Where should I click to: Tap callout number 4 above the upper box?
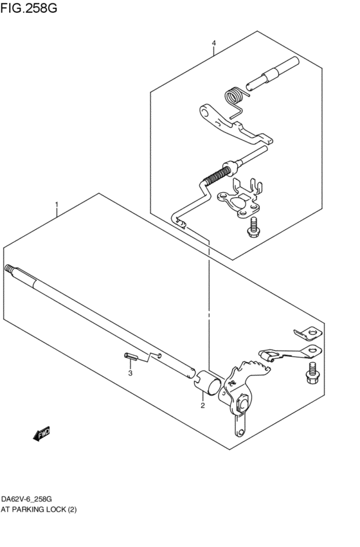(x=213, y=44)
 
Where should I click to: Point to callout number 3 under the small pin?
(x=130, y=373)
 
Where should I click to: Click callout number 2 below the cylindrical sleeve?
(x=202, y=406)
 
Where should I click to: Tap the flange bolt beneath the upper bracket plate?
(x=253, y=226)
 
